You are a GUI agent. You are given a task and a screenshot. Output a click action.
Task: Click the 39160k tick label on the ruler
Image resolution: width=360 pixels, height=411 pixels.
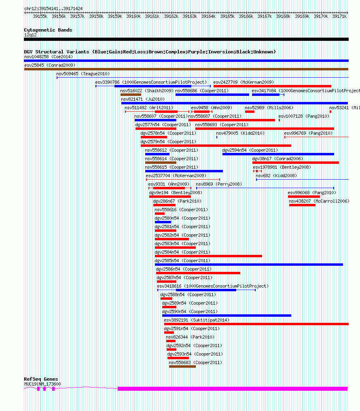click(133, 16)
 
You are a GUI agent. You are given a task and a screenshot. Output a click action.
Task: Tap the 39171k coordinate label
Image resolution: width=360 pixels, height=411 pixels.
click(339, 16)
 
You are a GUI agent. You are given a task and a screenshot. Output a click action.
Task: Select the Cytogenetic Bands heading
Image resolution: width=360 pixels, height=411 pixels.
click(48, 30)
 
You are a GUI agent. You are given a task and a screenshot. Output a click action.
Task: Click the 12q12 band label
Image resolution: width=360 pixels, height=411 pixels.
click(30, 35)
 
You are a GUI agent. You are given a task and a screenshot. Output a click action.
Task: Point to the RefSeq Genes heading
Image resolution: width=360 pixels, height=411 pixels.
click(41, 379)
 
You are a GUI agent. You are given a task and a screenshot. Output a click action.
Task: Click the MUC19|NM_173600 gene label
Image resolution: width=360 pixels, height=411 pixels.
click(42, 384)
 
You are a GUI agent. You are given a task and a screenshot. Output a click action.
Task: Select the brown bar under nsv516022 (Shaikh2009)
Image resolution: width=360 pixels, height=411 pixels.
click(131, 95)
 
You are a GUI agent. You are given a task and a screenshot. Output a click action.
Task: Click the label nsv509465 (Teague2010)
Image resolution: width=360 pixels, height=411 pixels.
click(83, 74)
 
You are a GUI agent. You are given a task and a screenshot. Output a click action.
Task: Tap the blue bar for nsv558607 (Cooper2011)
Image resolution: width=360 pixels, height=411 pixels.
click(152, 120)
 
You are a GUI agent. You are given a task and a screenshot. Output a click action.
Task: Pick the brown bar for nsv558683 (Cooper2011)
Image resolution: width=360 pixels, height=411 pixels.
click(182, 367)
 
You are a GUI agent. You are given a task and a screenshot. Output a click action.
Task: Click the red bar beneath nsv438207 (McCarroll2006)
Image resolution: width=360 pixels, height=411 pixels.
click(302, 205)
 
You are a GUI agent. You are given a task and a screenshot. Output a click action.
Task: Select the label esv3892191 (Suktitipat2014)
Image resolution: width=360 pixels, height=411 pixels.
click(197, 320)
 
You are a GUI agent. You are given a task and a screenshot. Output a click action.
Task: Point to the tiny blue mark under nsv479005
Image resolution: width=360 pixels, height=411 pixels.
click(217, 137)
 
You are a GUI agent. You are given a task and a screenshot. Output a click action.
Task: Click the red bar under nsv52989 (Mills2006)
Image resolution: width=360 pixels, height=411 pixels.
click(250, 112)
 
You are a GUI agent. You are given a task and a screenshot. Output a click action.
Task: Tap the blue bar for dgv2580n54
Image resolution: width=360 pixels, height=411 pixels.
click(163, 222)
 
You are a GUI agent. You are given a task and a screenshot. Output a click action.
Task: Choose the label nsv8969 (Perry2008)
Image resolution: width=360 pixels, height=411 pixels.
click(219, 184)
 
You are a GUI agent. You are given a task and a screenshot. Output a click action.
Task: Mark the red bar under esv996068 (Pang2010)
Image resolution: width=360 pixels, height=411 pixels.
click(304, 197)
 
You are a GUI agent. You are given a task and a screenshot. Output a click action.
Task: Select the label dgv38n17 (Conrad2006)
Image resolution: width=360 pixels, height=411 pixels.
click(277, 159)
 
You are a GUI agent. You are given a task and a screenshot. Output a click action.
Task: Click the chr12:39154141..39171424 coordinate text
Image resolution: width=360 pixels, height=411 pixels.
click(53, 8)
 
